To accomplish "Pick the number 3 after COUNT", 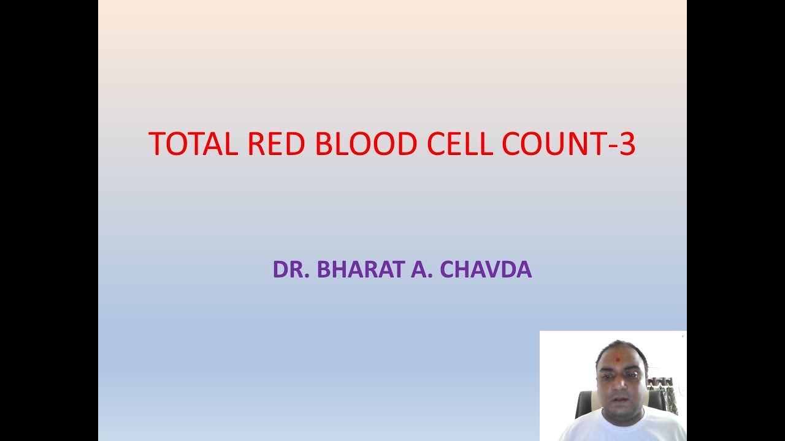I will (x=627, y=144).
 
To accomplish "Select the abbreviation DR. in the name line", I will (x=291, y=270).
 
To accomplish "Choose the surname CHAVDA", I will (x=486, y=270).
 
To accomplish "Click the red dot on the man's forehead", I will (x=618, y=357).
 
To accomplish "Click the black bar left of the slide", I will (x=49, y=221).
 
